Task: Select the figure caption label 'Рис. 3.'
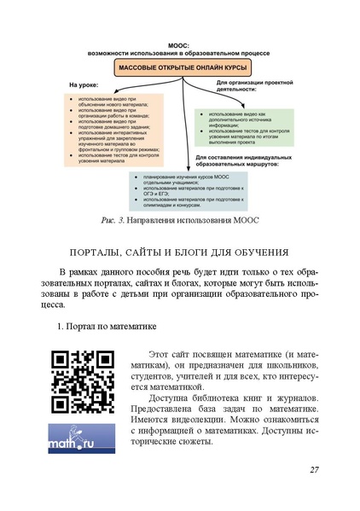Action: pyautogui.click(x=114, y=221)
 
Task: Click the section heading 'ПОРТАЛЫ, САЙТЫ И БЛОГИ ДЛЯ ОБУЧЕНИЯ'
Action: pyautogui.click(x=180, y=253)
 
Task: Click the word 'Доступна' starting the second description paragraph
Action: pyautogui.click(x=170, y=399)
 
